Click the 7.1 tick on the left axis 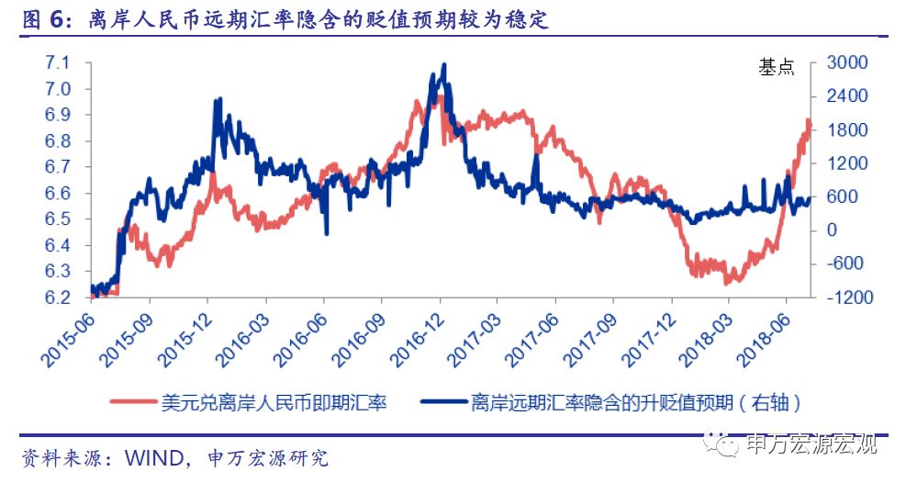(x=58, y=63)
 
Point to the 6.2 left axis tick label (x=58, y=298)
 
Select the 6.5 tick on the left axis (x=58, y=219)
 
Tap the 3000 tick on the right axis (x=845, y=63)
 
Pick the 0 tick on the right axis (x=833, y=230)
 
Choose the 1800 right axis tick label (x=845, y=130)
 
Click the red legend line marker (x=132, y=402)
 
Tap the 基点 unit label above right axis (x=777, y=67)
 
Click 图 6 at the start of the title (x=42, y=18)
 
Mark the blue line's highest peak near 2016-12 (x=444, y=64)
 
